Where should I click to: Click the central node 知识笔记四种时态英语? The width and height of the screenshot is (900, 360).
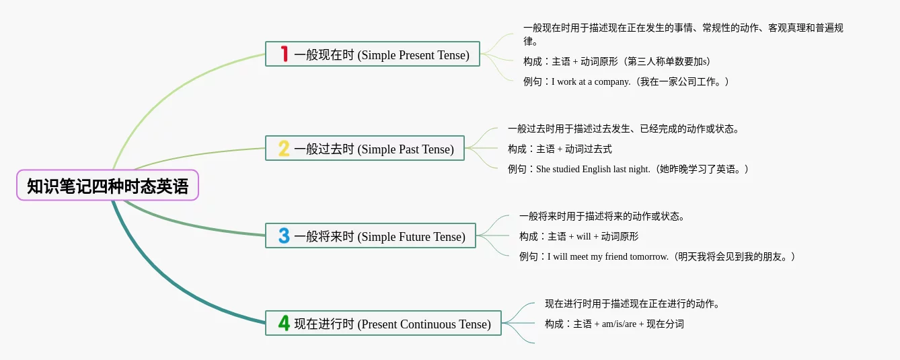click(108, 185)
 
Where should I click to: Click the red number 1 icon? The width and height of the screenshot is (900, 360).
click(284, 54)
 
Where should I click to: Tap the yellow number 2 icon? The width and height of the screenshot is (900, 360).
click(284, 148)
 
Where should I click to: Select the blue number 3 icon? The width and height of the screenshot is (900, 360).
click(284, 236)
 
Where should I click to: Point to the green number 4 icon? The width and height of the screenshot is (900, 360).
click(284, 323)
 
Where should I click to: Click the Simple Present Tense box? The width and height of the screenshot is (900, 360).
click(373, 54)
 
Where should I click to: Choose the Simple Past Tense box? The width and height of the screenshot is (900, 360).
click(365, 148)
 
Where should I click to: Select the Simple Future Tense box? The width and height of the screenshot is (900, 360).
click(371, 236)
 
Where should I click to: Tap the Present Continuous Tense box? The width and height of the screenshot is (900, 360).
click(383, 323)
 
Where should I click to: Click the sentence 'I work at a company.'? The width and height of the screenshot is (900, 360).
click(591, 81)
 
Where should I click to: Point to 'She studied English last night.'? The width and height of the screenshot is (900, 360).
click(593, 169)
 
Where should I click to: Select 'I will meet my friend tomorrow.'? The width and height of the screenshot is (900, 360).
click(608, 257)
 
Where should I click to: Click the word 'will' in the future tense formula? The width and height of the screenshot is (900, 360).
click(583, 236)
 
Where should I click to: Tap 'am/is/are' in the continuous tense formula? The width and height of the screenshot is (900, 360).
click(619, 324)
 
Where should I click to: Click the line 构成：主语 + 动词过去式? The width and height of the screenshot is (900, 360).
click(560, 149)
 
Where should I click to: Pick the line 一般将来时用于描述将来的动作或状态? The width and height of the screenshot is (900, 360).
click(601, 216)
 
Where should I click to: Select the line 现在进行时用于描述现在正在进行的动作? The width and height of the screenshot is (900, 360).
click(632, 303)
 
